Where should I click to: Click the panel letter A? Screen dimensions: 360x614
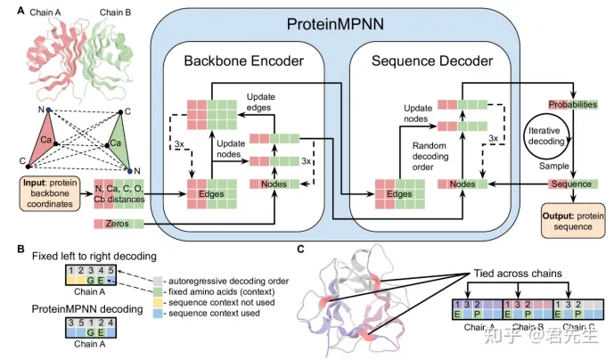(x=9, y=9)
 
